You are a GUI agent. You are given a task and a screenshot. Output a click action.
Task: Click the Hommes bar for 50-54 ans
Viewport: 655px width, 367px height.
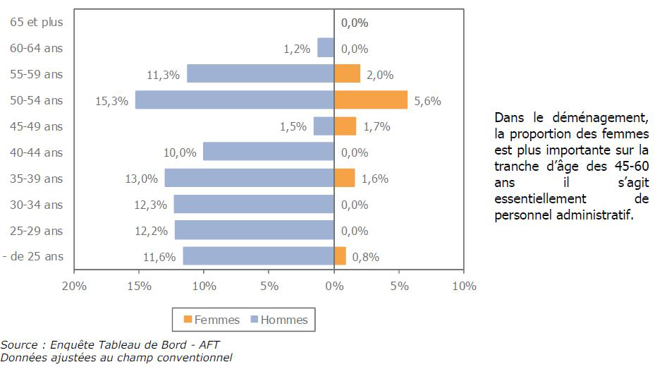pos(235,100)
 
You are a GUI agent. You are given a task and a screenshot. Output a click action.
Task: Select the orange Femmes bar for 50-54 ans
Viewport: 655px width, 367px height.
pos(371,100)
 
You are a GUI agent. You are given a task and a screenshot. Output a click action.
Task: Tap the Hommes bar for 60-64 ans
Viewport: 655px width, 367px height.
pos(326,48)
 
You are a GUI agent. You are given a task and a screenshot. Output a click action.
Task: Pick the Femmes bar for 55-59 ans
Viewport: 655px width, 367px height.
pos(347,74)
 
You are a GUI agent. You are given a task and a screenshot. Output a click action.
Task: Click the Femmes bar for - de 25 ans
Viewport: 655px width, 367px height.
pos(340,256)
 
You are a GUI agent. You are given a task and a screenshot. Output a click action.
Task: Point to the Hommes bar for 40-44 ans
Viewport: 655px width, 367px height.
pos(269,152)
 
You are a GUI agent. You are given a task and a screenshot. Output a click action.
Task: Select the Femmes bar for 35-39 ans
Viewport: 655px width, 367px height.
pos(345,178)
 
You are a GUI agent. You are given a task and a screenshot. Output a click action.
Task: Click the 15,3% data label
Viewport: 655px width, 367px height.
pos(111,101)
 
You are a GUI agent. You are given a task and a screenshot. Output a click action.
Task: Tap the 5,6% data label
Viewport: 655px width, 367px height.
pos(427,101)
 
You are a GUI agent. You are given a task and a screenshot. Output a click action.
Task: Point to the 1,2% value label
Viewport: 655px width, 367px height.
pos(297,49)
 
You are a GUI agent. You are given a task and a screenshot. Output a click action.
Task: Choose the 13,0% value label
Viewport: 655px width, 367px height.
pos(141,179)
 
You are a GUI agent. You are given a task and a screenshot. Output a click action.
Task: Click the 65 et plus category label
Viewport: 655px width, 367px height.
pos(37,22)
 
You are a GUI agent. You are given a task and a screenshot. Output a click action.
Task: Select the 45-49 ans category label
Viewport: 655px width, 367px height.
pos(37,126)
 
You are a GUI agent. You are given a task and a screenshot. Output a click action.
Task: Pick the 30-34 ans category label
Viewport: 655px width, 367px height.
pos(37,205)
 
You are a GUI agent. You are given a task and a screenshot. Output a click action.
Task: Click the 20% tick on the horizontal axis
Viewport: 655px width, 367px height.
pos(74,286)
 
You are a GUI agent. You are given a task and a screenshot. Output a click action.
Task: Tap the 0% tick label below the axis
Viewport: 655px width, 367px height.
pos(334,286)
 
